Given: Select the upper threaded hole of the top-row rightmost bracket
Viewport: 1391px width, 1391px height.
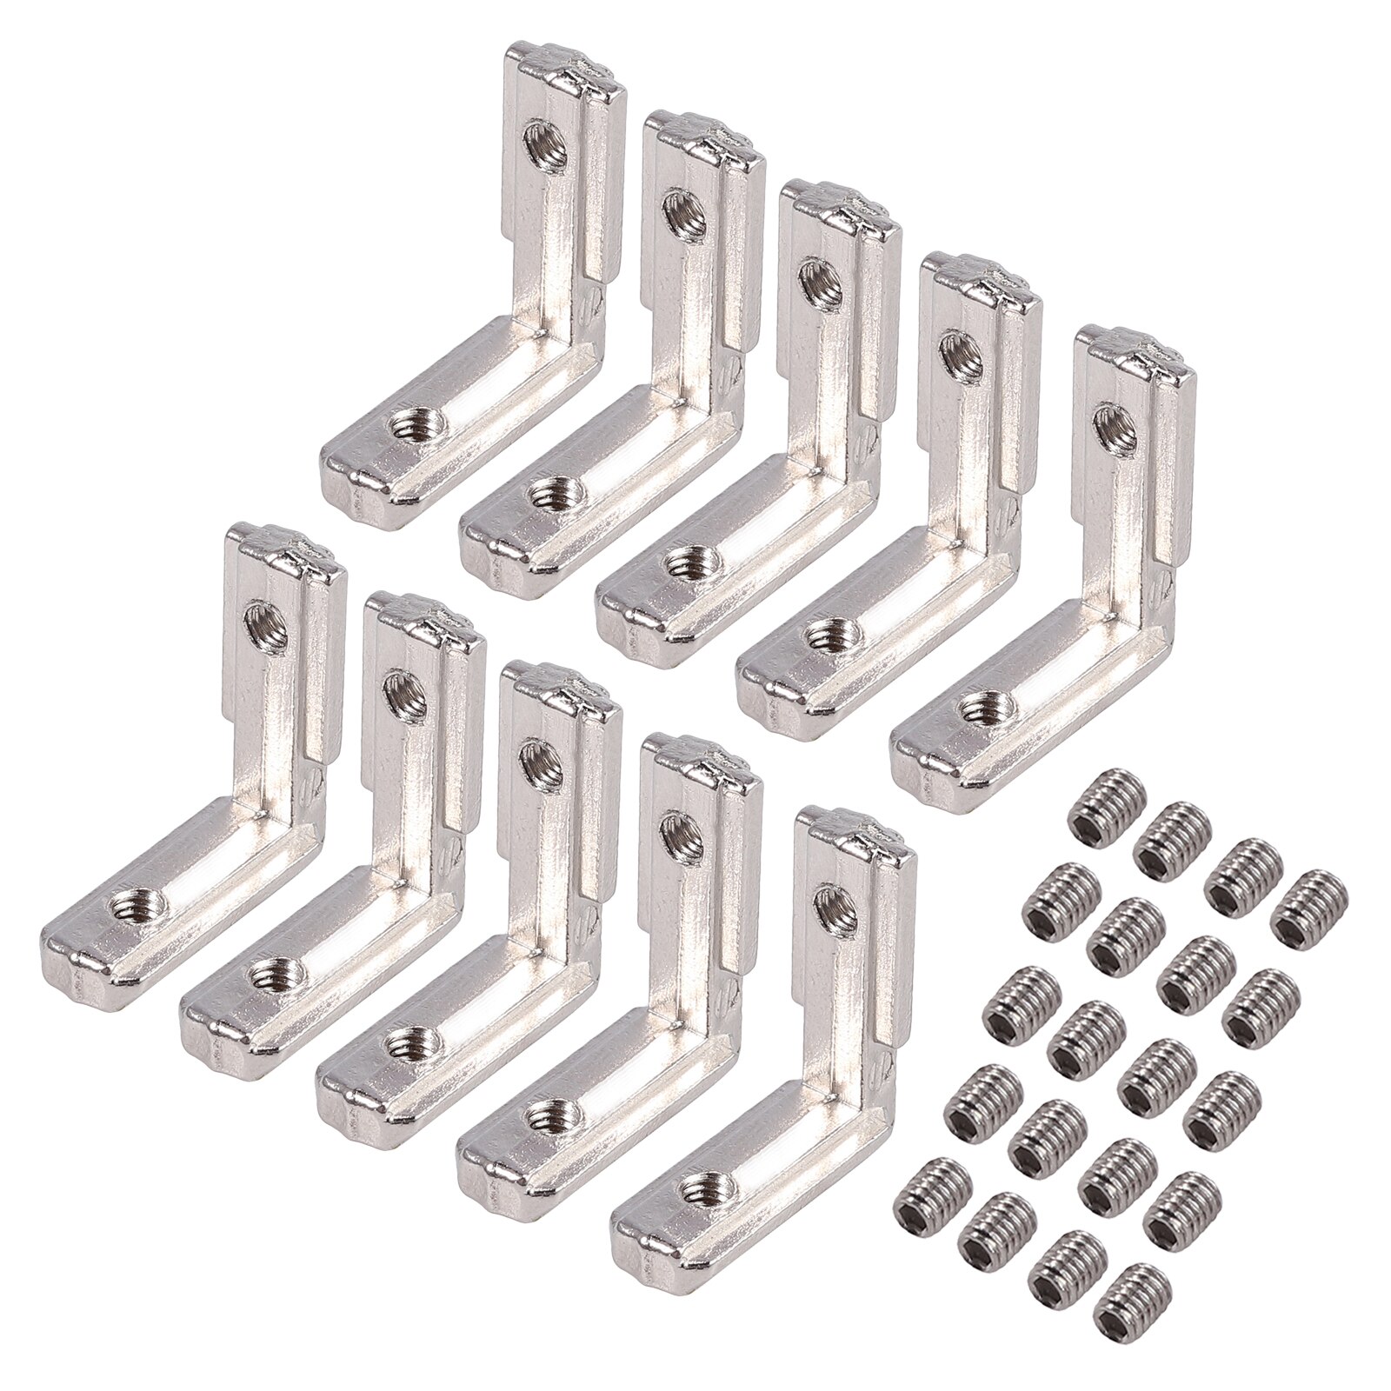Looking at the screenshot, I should click(1108, 420).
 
